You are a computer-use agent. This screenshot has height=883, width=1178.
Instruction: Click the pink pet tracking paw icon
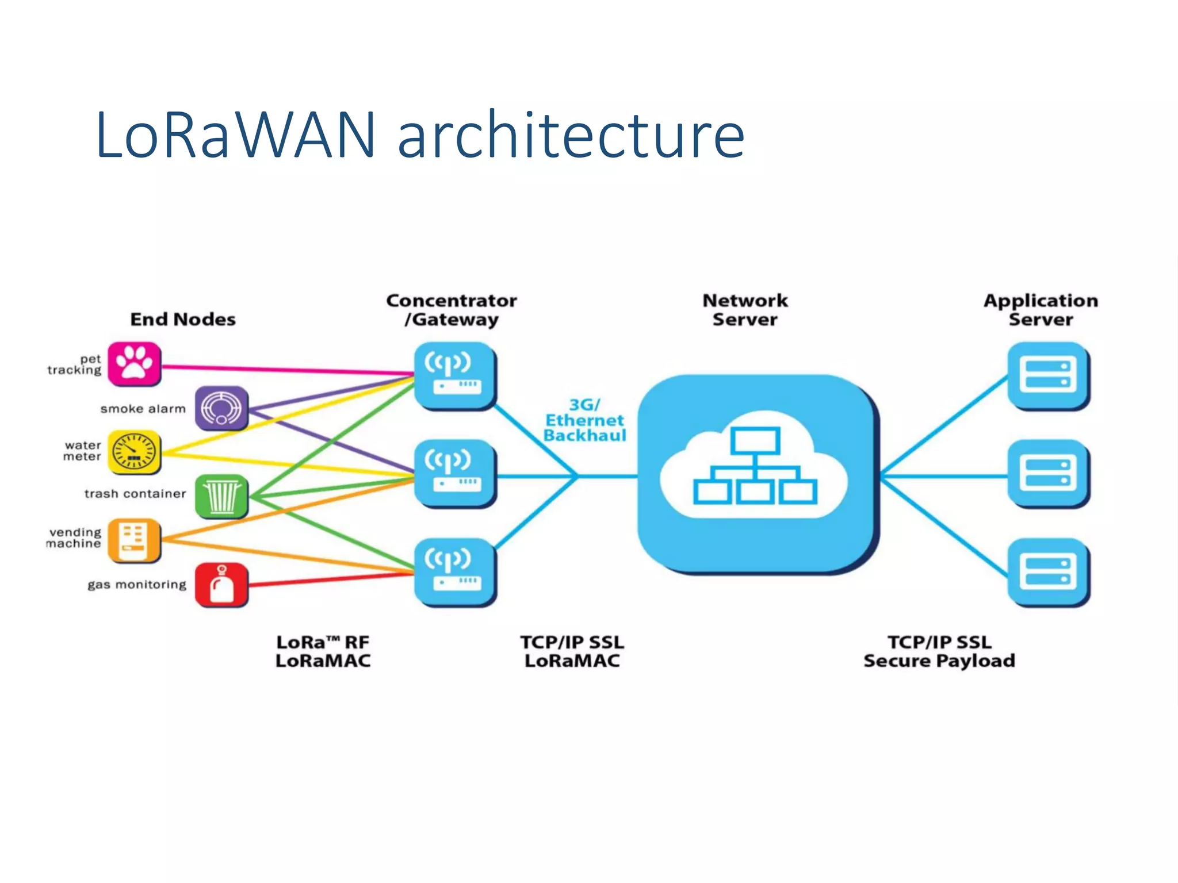(x=134, y=363)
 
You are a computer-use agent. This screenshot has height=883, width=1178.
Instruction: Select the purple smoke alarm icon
(x=221, y=408)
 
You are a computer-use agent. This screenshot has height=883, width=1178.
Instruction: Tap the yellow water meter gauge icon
(x=134, y=452)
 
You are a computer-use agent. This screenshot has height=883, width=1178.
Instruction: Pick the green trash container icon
(x=221, y=496)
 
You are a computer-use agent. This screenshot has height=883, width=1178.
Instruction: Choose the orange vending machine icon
(x=134, y=540)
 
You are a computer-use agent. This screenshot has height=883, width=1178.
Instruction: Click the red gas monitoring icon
(x=221, y=585)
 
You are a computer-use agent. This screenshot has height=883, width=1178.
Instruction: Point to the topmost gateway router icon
(x=454, y=375)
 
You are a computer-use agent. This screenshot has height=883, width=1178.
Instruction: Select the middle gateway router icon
(x=454, y=474)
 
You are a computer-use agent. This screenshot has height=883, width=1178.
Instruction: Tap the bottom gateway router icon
(x=454, y=572)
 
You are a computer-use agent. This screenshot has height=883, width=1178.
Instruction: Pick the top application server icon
(x=1048, y=375)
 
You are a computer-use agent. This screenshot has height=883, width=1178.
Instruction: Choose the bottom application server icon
(x=1048, y=572)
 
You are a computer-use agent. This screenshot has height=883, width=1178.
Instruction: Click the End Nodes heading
(x=183, y=319)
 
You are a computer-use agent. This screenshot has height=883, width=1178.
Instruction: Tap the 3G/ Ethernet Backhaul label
(x=584, y=420)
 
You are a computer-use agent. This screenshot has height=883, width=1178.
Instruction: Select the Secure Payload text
(x=939, y=661)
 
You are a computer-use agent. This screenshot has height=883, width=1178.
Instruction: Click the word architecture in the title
(x=571, y=136)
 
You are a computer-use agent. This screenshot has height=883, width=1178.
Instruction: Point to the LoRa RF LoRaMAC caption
(x=323, y=651)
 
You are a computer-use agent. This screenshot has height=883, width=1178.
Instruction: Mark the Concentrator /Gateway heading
(x=452, y=310)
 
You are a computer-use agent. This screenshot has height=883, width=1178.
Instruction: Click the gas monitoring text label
(x=137, y=585)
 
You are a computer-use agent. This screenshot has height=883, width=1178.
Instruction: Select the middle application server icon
(x=1048, y=474)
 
